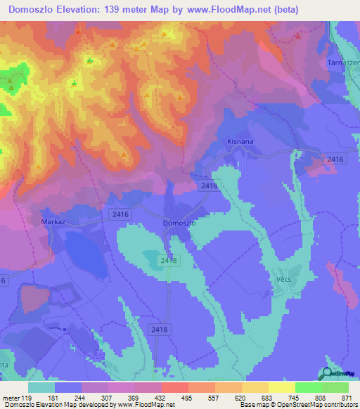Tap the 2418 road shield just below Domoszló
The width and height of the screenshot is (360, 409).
[x=170, y=260]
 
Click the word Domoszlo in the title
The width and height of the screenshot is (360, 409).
[x=34, y=10]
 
